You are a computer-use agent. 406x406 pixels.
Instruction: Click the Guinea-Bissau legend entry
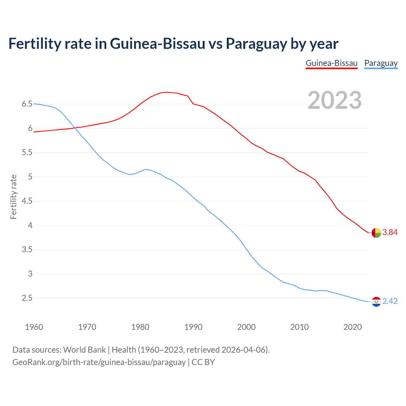point(331,63)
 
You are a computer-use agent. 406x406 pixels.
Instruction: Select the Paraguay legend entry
point(381,63)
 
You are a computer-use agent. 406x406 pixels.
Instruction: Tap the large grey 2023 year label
point(334,100)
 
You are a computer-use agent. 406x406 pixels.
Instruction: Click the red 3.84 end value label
point(390,232)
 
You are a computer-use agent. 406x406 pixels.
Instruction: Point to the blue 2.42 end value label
point(390,301)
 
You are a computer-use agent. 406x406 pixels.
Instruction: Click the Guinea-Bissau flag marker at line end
point(376,233)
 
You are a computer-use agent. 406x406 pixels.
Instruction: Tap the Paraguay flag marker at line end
point(376,302)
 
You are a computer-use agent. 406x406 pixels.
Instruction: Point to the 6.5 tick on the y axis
point(27,104)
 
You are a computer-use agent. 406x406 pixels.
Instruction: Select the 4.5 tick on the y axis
point(27,201)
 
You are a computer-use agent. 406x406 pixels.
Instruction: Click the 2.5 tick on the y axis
point(27,298)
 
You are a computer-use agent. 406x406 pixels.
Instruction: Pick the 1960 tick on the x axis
point(34,327)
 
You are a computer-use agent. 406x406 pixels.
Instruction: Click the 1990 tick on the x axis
point(193,327)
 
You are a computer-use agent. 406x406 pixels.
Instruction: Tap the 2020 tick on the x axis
point(352,327)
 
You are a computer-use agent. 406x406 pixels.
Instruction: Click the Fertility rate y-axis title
point(13,197)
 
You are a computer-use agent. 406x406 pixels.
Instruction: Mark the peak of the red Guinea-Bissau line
point(167,92)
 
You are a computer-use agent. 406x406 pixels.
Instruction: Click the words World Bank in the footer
point(84,350)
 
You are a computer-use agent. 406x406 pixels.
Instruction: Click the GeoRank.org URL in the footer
point(99,362)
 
